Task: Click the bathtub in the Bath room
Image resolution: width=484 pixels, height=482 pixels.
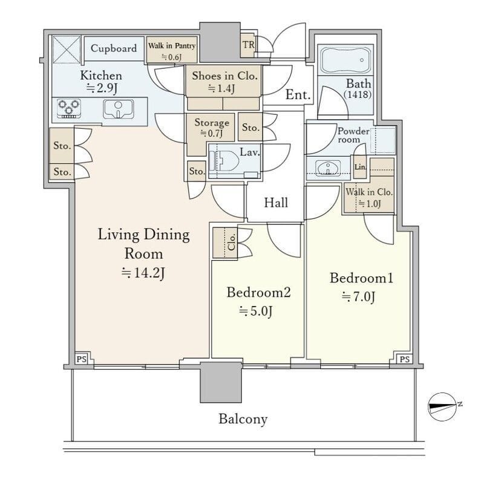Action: click(x=345, y=60)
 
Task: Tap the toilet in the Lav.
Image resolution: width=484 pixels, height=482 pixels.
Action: click(x=224, y=160)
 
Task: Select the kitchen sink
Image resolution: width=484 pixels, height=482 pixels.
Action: click(x=118, y=109)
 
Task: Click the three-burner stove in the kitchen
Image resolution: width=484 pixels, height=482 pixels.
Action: click(x=69, y=108)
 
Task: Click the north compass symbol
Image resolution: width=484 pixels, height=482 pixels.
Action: click(x=442, y=407)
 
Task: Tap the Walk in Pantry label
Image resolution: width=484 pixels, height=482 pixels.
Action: click(x=172, y=46)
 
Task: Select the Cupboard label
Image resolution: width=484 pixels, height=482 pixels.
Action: click(x=114, y=48)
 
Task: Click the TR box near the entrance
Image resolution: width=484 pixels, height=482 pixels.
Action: click(x=247, y=45)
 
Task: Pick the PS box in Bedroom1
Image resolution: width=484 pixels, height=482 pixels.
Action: click(x=404, y=359)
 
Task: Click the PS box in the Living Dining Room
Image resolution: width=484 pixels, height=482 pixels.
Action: click(x=82, y=359)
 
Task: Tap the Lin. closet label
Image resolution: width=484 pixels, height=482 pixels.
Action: click(x=360, y=168)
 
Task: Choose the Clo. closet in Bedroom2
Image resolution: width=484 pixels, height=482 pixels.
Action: click(x=224, y=243)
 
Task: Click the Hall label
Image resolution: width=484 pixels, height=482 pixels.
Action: click(x=276, y=203)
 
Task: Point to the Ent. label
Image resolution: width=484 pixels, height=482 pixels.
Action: click(x=298, y=94)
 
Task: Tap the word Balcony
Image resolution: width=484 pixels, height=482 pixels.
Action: click(x=243, y=419)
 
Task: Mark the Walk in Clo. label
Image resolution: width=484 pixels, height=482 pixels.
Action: click(x=369, y=192)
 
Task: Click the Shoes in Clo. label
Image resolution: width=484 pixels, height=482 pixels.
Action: click(x=224, y=76)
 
